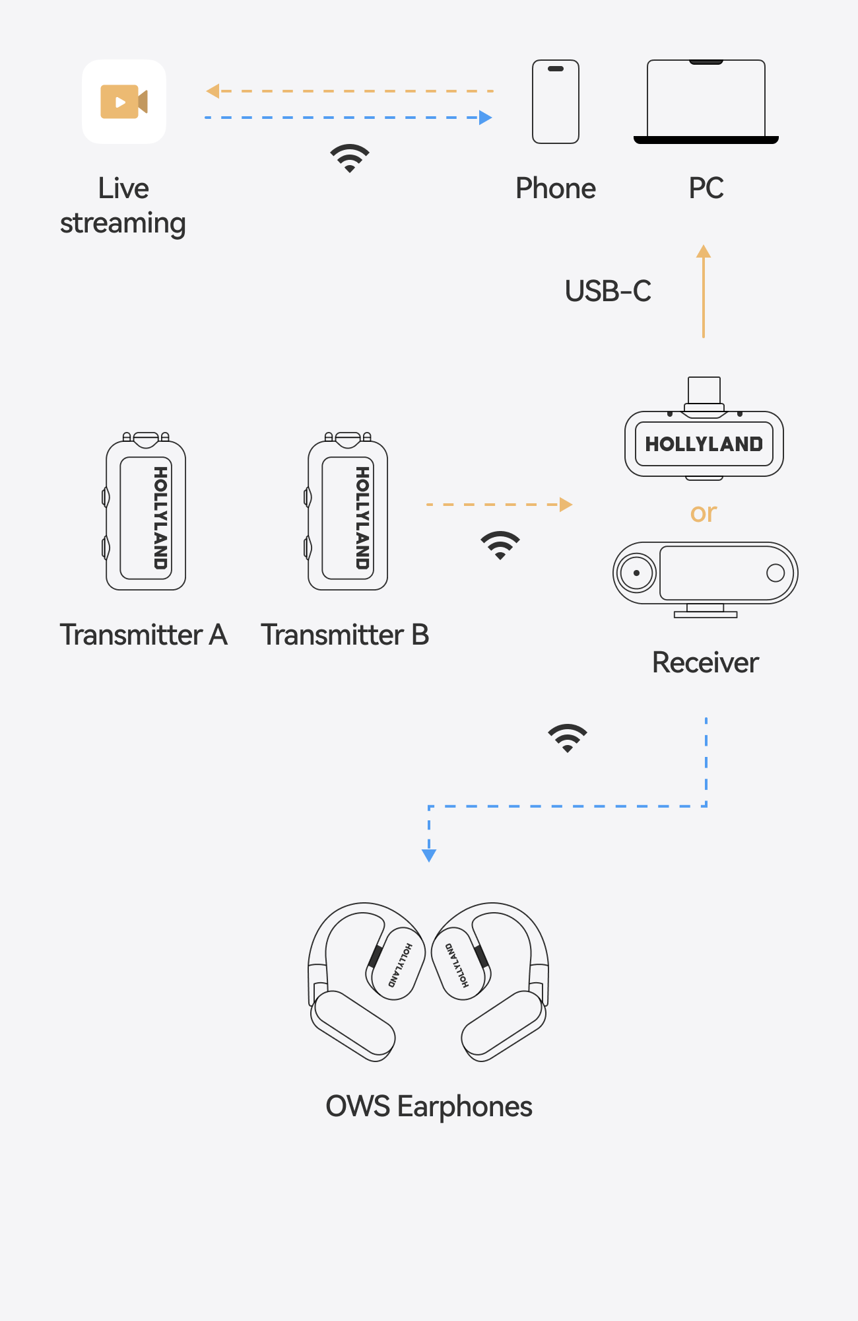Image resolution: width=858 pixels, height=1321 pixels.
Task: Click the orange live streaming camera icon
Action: point(123,102)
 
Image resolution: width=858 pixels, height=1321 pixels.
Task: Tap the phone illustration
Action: point(556,102)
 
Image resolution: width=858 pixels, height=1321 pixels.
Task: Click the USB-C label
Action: point(608,291)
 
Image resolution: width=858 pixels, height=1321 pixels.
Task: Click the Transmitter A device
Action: point(146,513)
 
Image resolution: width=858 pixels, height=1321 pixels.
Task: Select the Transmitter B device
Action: point(348,513)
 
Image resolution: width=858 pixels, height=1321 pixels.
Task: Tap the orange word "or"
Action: point(704,513)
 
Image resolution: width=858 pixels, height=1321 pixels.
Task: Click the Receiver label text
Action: point(705,662)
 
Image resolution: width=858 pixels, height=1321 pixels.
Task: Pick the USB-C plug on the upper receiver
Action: point(704,390)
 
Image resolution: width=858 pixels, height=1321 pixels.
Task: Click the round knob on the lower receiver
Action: point(636,573)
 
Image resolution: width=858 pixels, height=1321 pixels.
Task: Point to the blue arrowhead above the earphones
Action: point(429,855)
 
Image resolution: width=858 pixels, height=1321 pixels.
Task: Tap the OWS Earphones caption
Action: point(429,1106)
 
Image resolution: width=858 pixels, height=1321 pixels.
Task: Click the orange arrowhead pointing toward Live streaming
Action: point(213,91)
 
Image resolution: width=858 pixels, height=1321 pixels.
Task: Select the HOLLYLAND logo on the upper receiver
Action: point(704,444)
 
